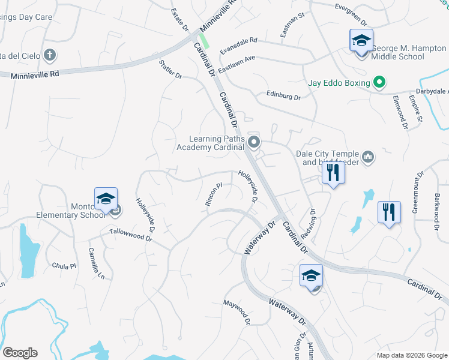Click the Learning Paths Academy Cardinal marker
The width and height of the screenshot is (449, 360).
254,142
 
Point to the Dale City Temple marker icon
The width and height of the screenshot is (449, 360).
368,157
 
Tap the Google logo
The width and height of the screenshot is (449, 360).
20,353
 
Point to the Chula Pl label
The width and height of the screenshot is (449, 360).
64,266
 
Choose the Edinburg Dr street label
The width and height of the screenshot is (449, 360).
283,96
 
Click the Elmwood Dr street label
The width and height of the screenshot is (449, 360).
400,112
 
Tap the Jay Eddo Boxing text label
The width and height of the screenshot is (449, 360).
339,82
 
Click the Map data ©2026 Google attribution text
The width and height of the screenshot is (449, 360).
411,355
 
